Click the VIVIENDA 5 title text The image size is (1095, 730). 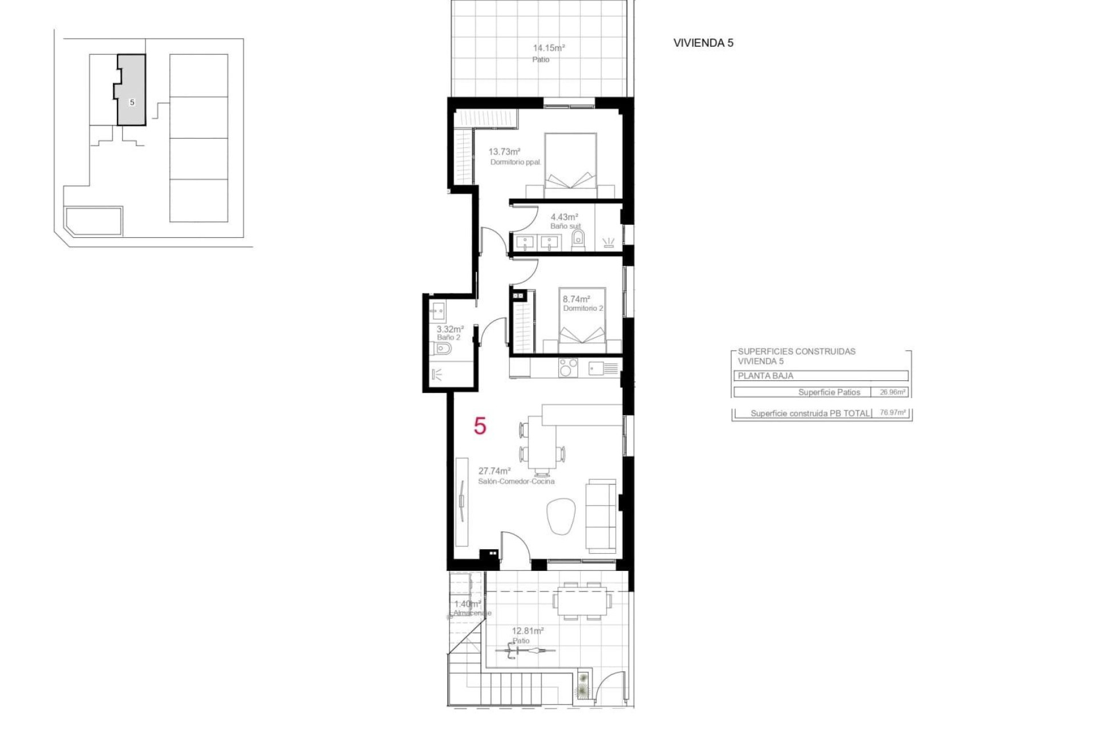(x=703, y=43)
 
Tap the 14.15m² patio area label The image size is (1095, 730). (x=548, y=48)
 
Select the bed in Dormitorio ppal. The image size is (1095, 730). (x=570, y=163)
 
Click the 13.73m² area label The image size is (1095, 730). (x=504, y=152)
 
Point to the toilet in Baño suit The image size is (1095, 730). (x=578, y=239)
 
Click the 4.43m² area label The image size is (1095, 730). (x=564, y=217)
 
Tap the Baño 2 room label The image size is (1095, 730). (x=448, y=338)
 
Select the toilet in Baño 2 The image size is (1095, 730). (x=443, y=348)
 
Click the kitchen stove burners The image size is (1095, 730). (x=568, y=368)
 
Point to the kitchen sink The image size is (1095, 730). (x=597, y=368)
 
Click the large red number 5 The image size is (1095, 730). (x=480, y=426)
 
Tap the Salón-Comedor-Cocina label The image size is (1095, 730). (x=516, y=481)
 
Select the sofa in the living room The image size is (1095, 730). (x=602, y=516)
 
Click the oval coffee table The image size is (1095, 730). (x=561, y=516)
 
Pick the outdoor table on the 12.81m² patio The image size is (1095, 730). (x=582, y=601)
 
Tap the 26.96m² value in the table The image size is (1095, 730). (x=892, y=392)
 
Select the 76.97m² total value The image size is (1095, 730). (x=893, y=412)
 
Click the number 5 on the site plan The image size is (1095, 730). (x=132, y=103)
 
